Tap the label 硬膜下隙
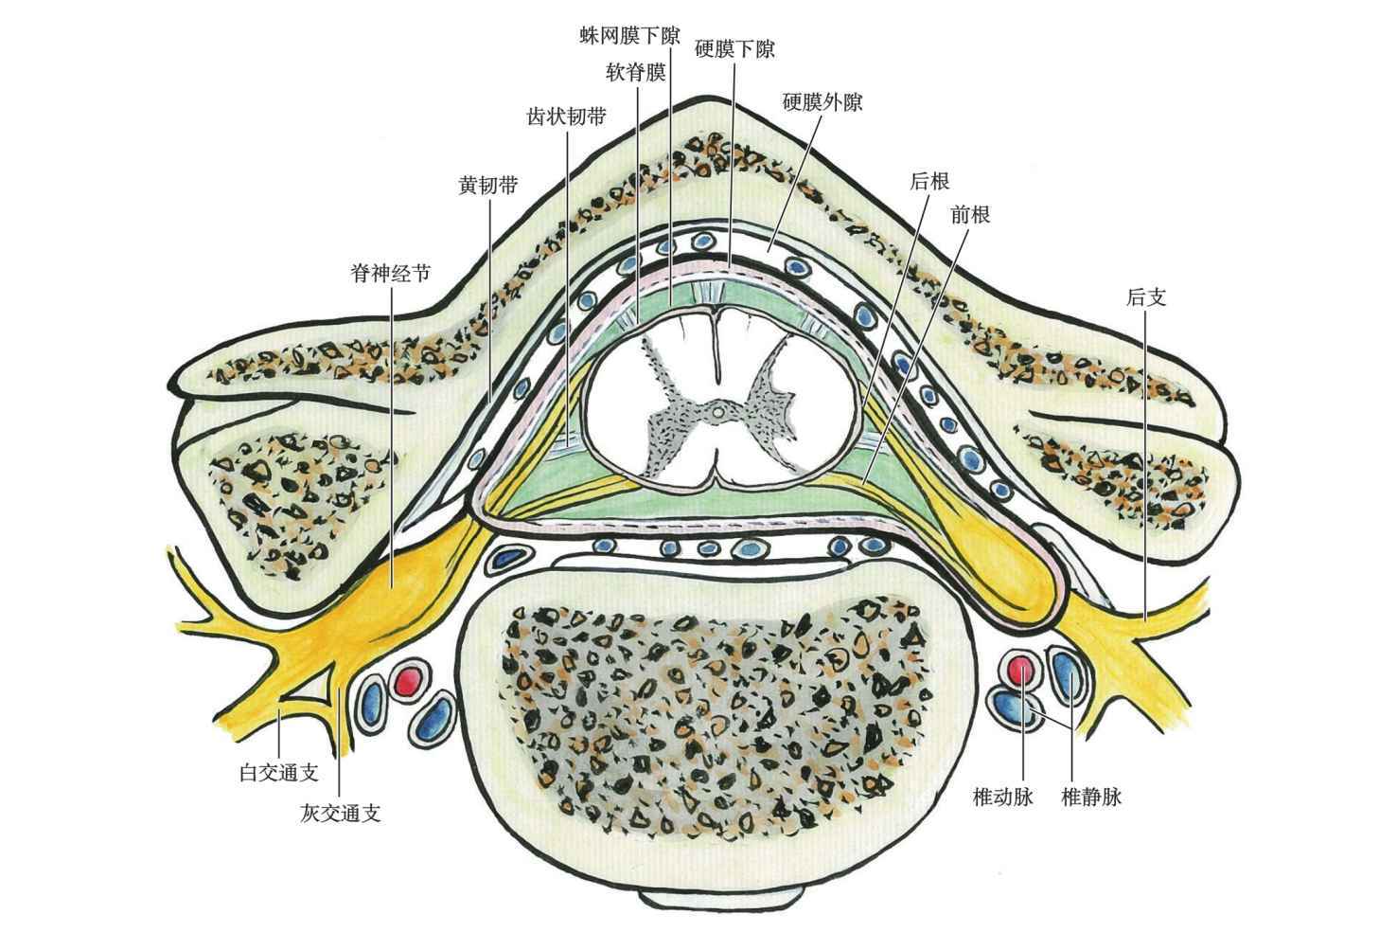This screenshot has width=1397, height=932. pyautogui.click(x=734, y=48)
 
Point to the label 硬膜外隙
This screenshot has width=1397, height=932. pyautogui.click(x=822, y=101)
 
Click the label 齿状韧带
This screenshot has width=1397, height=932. pyautogui.click(x=566, y=117)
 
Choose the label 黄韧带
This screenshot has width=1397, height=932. pyautogui.click(x=487, y=185)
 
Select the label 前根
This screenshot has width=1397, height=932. pyautogui.click(x=970, y=215)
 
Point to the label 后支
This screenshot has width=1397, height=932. pyautogui.click(x=1145, y=297)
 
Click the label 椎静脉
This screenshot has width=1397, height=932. pyautogui.click(x=1091, y=797)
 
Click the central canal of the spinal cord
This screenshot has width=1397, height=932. pyautogui.click(x=717, y=412)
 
